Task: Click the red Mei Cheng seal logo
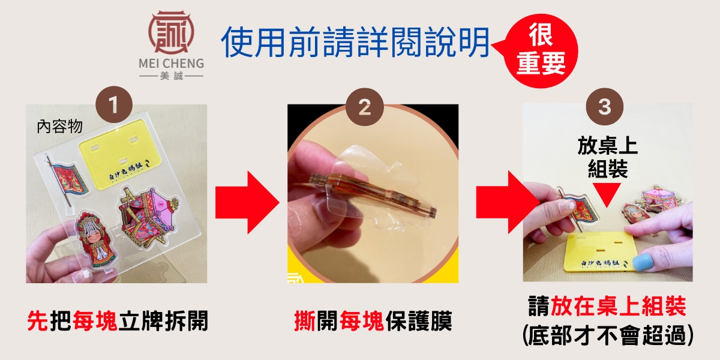171,32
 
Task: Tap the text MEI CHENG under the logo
172,64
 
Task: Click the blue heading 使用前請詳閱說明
356,42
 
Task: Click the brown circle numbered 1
114,104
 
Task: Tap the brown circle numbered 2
365,107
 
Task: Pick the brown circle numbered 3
605,107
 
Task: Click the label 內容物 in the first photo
60,127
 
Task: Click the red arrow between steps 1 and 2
247,202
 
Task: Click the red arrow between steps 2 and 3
507,202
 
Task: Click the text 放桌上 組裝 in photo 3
607,157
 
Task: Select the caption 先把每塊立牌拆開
118,320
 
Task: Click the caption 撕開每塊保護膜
373,320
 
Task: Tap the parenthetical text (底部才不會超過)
608,335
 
